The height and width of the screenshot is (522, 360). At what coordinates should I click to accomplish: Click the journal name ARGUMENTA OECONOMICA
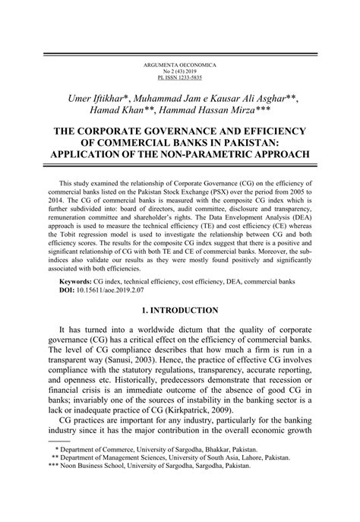tap(179, 65)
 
